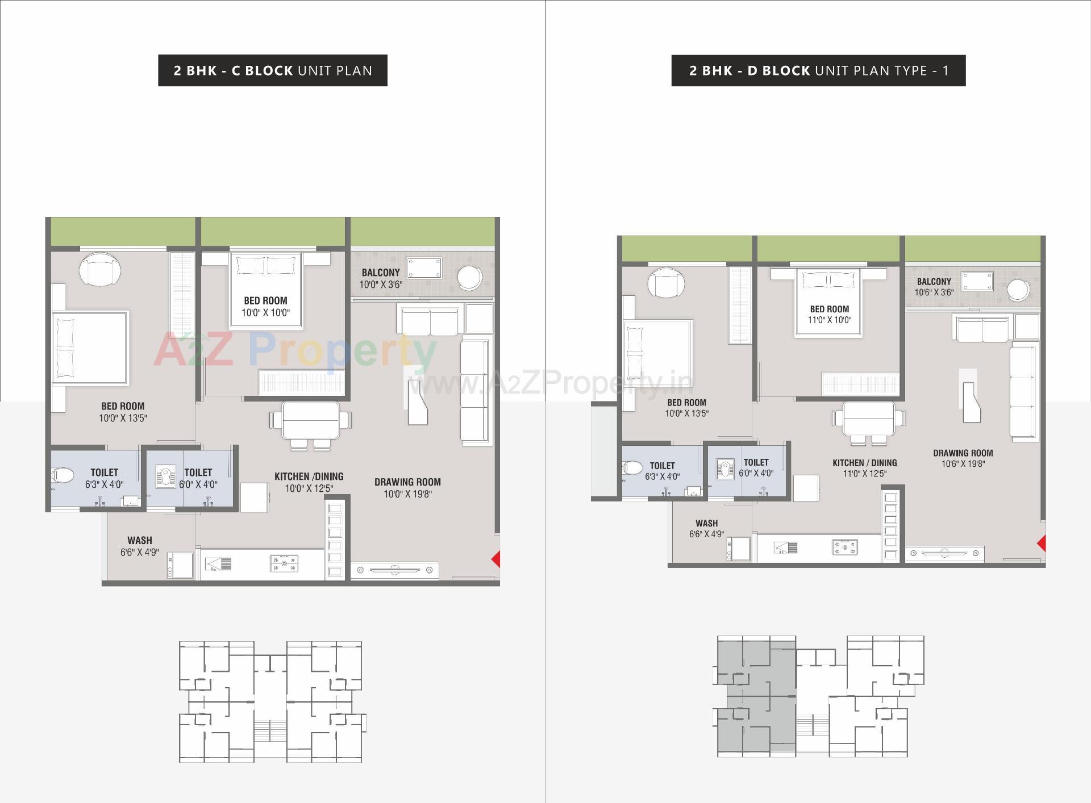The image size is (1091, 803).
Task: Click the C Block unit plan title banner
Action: click(x=273, y=70)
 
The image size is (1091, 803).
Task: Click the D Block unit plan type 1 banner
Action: click(x=818, y=70)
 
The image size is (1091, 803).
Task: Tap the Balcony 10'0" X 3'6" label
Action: click(x=381, y=278)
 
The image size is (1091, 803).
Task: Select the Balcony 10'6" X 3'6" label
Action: click(x=934, y=287)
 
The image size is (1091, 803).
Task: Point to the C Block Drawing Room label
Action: click(x=407, y=488)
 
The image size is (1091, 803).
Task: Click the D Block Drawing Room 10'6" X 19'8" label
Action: click(x=963, y=458)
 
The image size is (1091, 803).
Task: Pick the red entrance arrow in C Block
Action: click(x=495, y=559)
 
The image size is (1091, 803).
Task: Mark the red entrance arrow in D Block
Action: click(x=1041, y=543)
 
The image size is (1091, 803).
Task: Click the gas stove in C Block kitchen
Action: click(x=284, y=563)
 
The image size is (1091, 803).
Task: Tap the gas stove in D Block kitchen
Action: click(x=845, y=547)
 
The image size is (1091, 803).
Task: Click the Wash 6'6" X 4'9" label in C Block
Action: click(x=139, y=546)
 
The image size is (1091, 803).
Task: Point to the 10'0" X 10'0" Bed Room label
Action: click(x=265, y=306)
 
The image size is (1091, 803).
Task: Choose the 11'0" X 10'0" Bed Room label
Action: click(x=829, y=314)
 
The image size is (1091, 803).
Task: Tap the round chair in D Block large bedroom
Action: click(x=666, y=282)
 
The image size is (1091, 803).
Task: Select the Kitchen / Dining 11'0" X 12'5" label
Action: click(x=864, y=468)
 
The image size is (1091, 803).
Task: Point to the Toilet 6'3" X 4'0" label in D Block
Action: click(x=662, y=471)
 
